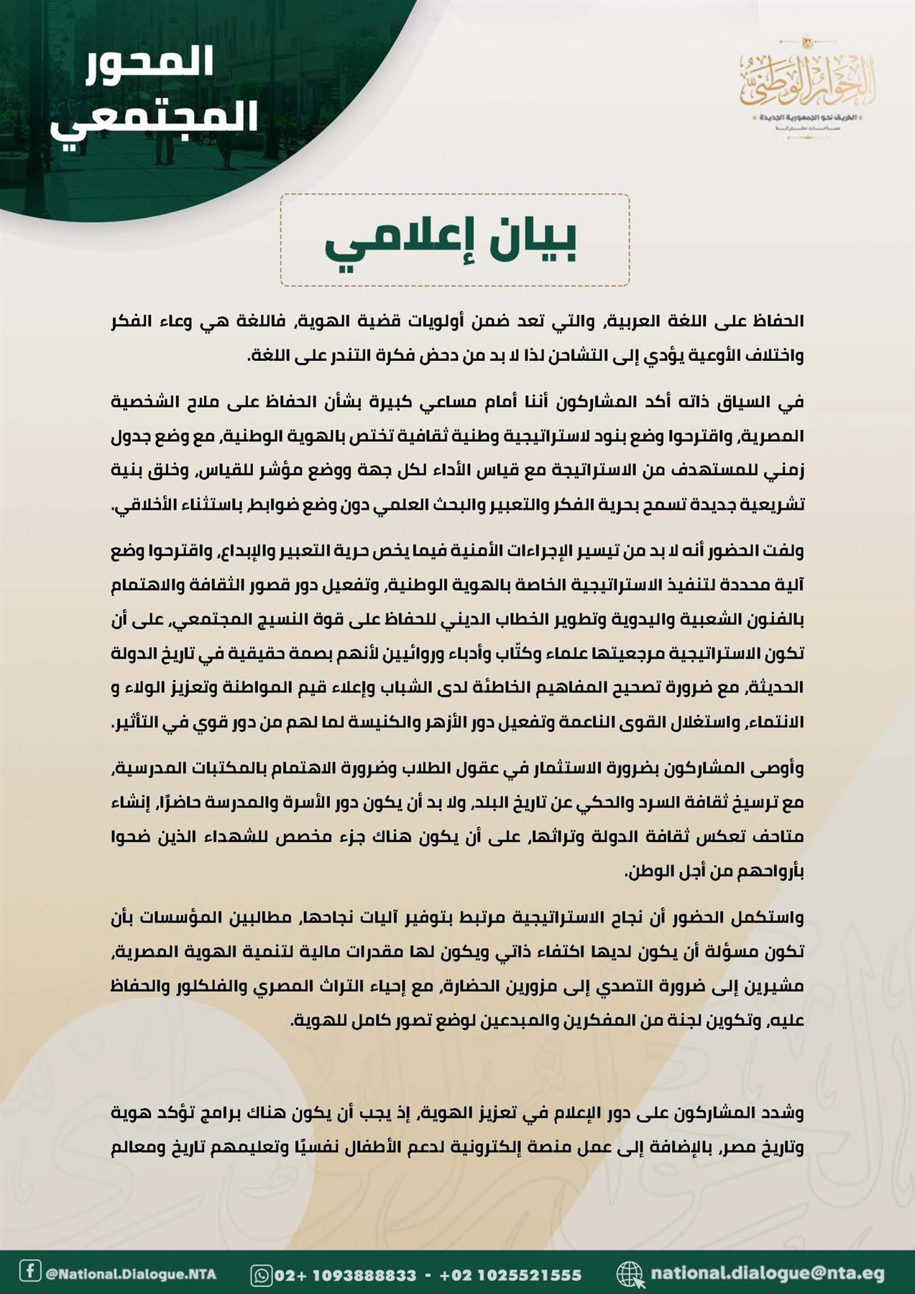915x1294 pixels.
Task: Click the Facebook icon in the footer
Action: [x=29, y=1270]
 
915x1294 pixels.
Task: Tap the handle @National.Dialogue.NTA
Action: [x=130, y=1274]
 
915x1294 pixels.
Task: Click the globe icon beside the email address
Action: [x=630, y=1274]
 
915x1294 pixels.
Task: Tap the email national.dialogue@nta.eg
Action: [x=767, y=1273]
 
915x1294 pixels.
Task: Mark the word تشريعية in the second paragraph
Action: [x=773, y=505]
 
